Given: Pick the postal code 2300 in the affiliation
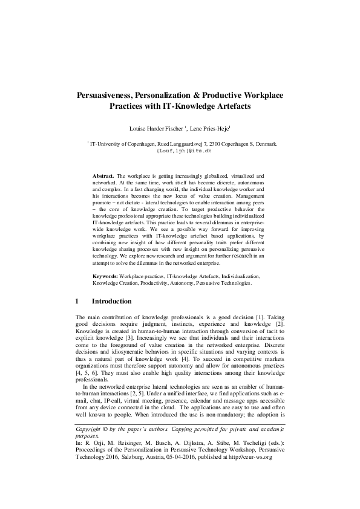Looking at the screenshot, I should (x=210, y=144).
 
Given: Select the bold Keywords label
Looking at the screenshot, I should (x=105, y=276).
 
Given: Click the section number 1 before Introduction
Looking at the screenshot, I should (x=77, y=301).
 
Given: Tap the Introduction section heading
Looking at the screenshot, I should (x=111, y=301).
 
